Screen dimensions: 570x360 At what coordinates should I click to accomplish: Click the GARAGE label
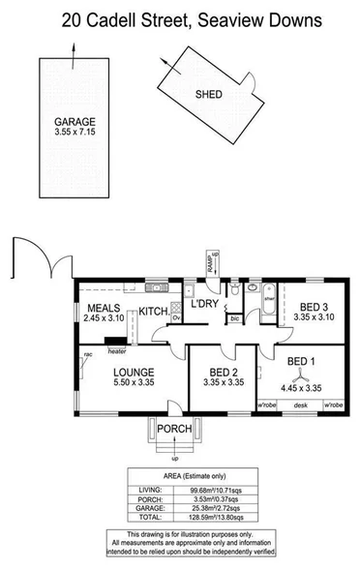pos(75,121)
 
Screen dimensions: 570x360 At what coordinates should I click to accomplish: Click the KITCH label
pos(153,312)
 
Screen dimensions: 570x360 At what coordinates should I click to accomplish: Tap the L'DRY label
pos(204,304)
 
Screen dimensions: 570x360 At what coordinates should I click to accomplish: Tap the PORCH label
pos(175,429)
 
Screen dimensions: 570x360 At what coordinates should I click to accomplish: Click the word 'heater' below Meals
pos(118,351)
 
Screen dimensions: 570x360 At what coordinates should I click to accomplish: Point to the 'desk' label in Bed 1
pos(301,405)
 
